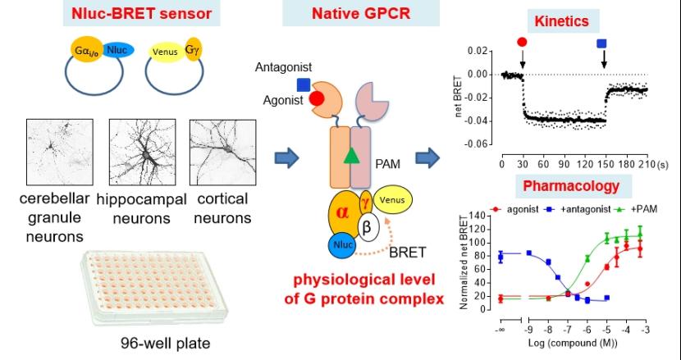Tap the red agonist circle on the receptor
click(316, 99)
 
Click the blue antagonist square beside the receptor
click(304, 84)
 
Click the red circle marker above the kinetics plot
click(523, 42)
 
